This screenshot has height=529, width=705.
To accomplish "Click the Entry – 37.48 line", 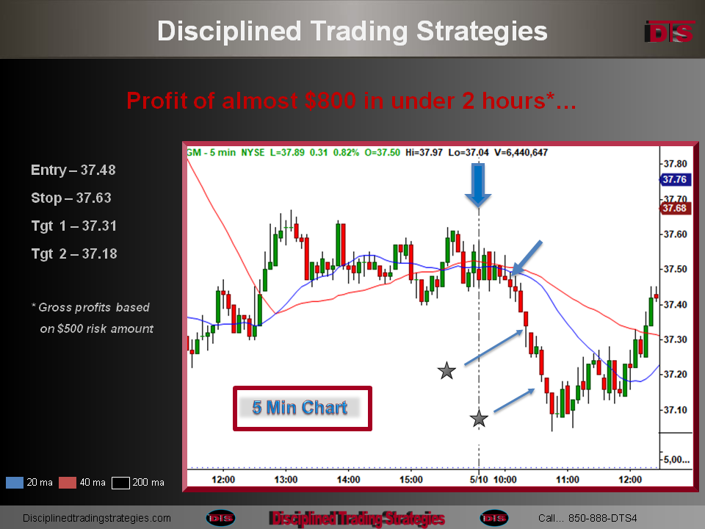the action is [73, 170].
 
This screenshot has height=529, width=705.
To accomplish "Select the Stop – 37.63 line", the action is [71, 198].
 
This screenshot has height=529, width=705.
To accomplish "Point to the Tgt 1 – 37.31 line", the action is [74, 226].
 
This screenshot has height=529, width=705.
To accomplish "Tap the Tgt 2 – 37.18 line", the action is [74, 253].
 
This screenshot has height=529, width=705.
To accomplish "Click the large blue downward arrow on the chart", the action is [478, 184].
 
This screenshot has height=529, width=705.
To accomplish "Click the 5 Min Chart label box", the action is [302, 408].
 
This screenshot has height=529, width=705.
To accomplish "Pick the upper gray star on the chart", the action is [446, 371].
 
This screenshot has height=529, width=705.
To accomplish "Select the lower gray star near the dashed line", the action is [479, 419].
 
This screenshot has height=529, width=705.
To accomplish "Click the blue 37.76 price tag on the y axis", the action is [674, 179].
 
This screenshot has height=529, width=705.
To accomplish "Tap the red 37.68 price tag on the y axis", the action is [674, 208].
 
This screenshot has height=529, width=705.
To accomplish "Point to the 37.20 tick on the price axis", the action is [676, 374].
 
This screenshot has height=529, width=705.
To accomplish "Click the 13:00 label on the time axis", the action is [286, 480].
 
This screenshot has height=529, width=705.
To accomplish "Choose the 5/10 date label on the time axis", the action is [479, 480].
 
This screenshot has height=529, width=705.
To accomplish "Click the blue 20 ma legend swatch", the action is [15, 483].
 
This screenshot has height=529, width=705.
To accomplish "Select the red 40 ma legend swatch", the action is [68, 483].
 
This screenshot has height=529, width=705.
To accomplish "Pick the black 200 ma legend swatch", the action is [120, 483].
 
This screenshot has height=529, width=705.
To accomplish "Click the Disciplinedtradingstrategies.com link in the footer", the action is [97, 518].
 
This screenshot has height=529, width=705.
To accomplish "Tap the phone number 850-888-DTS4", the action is [602, 518].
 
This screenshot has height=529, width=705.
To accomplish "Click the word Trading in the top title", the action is [359, 32].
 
